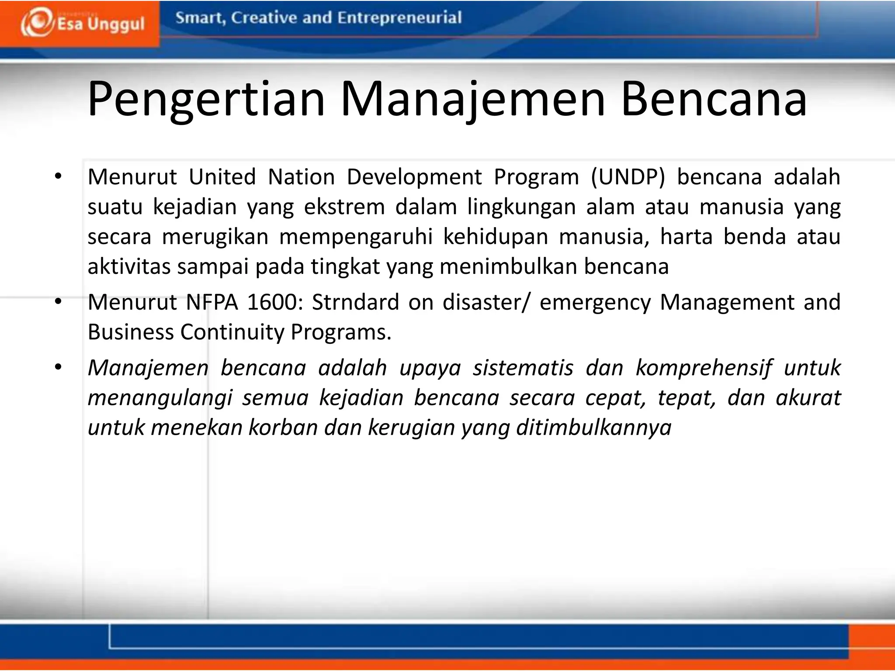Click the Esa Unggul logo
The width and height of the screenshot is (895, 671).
(x=82, y=23)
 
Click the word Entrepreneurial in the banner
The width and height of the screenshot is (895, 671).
(x=399, y=18)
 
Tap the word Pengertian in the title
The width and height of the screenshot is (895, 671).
(x=206, y=100)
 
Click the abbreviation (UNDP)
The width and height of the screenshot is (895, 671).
(x=628, y=177)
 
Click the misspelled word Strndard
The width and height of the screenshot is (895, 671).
(x=355, y=302)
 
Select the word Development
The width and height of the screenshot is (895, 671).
(x=414, y=177)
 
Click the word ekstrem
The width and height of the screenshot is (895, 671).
(x=344, y=207)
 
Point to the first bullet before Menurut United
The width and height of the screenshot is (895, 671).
(x=58, y=177)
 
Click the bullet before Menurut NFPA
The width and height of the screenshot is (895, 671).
(x=58, y=302)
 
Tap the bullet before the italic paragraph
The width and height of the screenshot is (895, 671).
(x=58, y=367)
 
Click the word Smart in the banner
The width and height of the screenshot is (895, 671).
(x=200, y=18)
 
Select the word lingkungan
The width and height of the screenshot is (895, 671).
(x=521, y=207)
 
